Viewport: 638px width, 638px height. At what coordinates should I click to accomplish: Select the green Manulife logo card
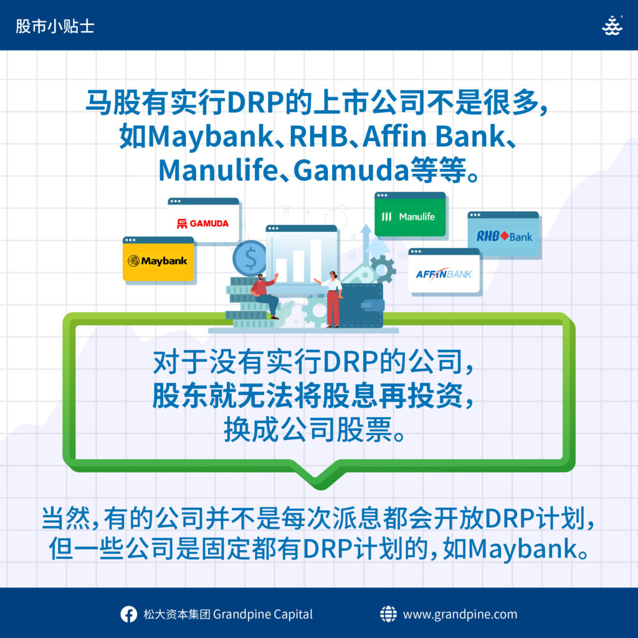tap(410, 214)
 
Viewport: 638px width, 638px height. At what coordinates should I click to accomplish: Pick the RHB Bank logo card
tap(503, 234)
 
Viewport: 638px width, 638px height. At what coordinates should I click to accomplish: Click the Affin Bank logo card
tap(444, 270)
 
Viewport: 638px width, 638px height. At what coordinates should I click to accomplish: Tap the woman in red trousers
tap(331, 299)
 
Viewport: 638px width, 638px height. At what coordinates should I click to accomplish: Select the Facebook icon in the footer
tap(128, 614)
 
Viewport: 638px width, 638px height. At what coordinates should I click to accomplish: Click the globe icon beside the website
tap(388, 614)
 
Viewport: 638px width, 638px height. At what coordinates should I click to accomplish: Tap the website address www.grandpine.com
tap(460, 614)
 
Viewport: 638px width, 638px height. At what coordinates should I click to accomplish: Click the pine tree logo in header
tap(612, 26)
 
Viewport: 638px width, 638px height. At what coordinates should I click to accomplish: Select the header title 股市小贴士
tap(55, 26)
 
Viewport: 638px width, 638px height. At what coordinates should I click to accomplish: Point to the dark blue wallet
tap(362, 305)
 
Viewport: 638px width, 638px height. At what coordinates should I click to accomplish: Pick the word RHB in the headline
tap(318, 136)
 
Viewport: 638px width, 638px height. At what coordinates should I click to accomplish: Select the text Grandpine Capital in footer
tap(263, 614)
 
